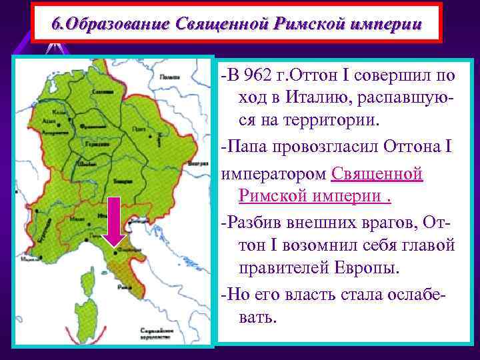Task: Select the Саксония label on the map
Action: click(102, 91)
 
